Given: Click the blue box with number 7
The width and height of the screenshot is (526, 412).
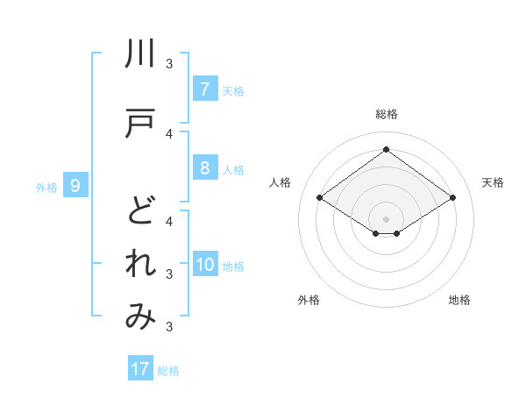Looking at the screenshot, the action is coord(204,89).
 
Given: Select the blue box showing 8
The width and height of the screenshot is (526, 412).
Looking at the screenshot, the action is coord(204,168).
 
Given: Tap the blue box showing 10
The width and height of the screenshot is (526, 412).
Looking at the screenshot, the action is coord(205,266).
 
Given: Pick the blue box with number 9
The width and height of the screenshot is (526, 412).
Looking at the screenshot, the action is coord(76,185).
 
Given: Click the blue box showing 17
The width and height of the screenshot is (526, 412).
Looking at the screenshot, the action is coord(140,369).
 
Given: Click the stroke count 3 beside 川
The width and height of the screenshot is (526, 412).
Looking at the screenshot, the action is coord(169,63).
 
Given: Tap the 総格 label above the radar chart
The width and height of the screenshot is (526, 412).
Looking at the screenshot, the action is coord(387,114).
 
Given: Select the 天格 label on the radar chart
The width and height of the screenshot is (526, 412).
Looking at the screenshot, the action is coord(493,182).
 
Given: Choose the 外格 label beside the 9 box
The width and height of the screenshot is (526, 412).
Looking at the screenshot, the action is coord(46,186).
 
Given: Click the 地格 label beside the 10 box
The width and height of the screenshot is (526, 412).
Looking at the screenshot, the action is coord(234,266).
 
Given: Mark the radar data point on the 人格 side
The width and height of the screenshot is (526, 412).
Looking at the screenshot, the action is coord(320,198).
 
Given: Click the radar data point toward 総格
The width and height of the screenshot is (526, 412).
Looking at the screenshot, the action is coord(386,150).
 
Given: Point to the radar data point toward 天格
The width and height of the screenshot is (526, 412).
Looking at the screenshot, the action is coord(452,198).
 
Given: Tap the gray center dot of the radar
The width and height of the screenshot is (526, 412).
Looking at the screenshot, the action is coord(386,218).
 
